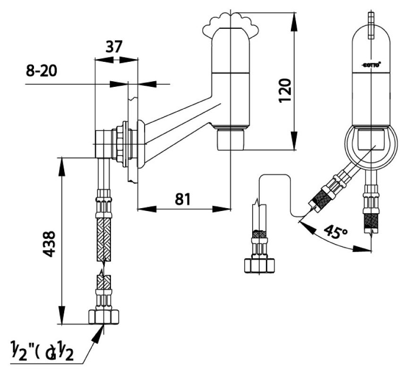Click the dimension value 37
114,47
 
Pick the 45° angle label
336,232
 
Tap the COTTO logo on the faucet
371,64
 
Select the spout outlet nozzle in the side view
230,139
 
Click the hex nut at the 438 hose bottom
104,316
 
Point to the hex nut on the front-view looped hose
259,265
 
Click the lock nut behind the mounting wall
122,144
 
